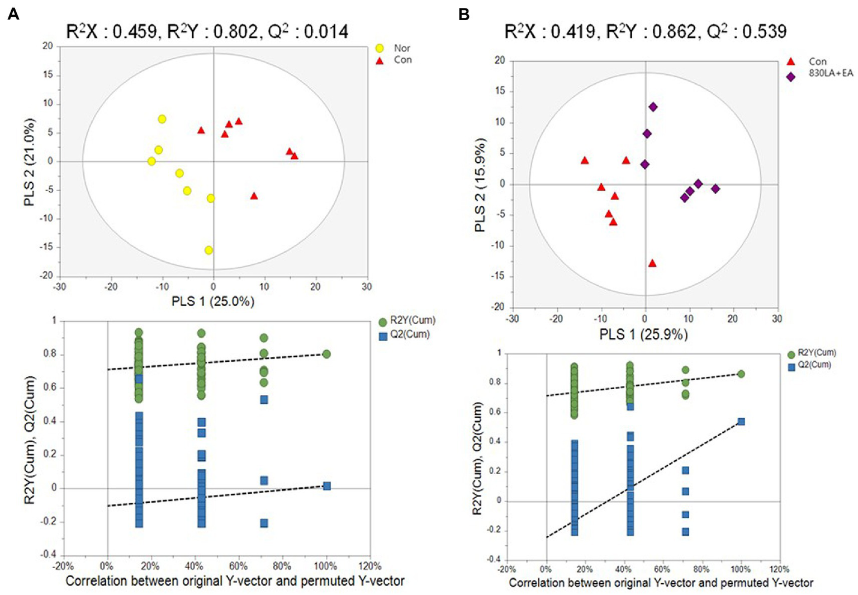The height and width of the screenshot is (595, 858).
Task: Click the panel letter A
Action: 13,14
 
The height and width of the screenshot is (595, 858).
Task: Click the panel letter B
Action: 463,14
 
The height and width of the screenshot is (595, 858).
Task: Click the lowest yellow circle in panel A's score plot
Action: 208,250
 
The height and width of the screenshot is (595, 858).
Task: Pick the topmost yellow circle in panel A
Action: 162,119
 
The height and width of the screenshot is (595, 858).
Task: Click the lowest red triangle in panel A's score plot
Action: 254,196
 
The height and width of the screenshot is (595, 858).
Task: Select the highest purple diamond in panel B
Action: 653,107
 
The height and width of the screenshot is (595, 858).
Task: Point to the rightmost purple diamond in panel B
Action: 715,189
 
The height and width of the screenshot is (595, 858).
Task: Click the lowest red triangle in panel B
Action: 652,263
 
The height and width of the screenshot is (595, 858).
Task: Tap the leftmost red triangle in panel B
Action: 585,160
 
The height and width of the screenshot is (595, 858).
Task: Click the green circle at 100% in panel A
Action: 326,354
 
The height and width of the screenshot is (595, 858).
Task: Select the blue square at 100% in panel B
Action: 741,422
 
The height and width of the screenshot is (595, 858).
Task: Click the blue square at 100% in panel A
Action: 327,486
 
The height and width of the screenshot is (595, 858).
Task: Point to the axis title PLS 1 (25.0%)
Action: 212,301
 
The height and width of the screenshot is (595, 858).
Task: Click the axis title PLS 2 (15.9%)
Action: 480,185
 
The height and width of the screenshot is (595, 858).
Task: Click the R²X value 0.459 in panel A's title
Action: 135,31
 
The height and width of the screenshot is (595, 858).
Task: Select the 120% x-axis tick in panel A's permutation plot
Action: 369,566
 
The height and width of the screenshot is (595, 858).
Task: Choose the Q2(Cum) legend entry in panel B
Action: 814,365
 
